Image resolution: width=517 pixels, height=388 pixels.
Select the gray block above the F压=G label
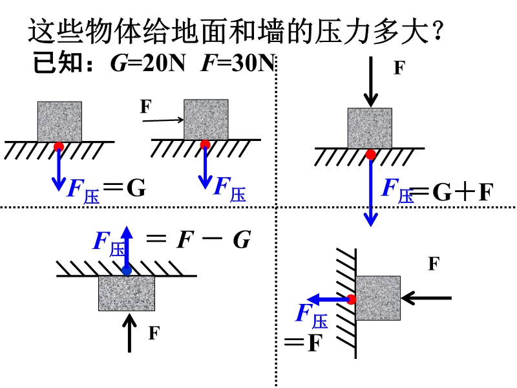point(59,122)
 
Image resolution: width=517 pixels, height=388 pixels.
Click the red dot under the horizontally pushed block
point(205,144)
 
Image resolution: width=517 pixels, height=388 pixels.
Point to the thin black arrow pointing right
point(162,120)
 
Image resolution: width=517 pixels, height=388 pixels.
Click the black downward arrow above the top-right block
point(370,81)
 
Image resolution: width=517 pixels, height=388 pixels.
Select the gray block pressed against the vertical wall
point(377,297)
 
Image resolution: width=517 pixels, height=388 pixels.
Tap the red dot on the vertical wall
point(351,299)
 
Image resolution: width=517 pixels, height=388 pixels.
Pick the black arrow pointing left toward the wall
point(426,297)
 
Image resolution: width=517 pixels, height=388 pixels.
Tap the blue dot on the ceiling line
point(127,270)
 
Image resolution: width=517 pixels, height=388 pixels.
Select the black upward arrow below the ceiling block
point(131,332)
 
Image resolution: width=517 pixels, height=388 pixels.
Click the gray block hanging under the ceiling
point(127,293)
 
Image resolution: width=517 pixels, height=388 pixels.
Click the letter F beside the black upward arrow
point(153,334)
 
